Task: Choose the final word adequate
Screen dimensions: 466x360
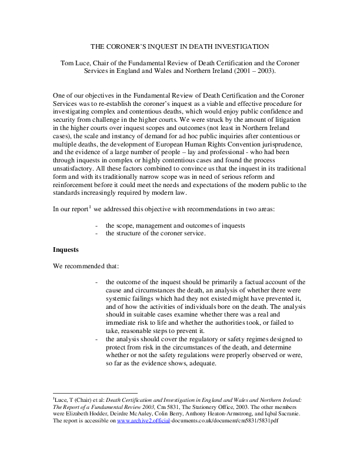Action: (x=203, y=364)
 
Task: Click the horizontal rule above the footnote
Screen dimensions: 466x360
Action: (x=95, y=392)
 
